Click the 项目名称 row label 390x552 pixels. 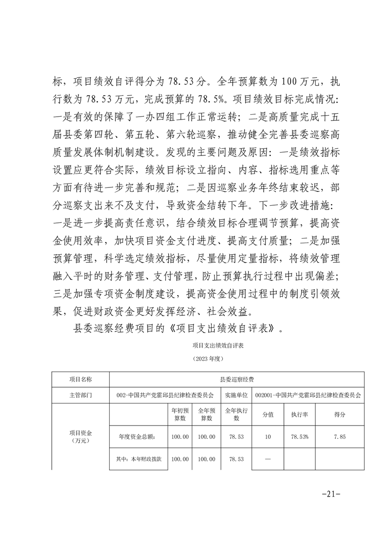pyautogui.click(x=80, y=379)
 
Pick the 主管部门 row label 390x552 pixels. pyautogui.click(x=80, y=395)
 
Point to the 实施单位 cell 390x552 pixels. pyautogui.click(x=236, y=395)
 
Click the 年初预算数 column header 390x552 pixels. pyautogui.click(x=180, y=414)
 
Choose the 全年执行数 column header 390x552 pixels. pyautogui.click(x=236, y=414)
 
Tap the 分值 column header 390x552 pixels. pyautogui.click(x=269, y=414)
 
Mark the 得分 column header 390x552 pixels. pyautogui.click(x=339, y=414)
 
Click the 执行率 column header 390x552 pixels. pyautogui.click(x=300, y=414)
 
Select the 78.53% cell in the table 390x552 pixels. pyautogui.click(x=300, y=436)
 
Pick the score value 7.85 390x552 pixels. pyautogui.click(x=339, y=436)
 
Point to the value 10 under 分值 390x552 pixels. pyautogui.click(x=269, y=436)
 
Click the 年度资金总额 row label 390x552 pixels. pyautogui.click(x=137, y=436)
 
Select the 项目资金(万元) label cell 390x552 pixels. pyautogui.click(x=80, y=436)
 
